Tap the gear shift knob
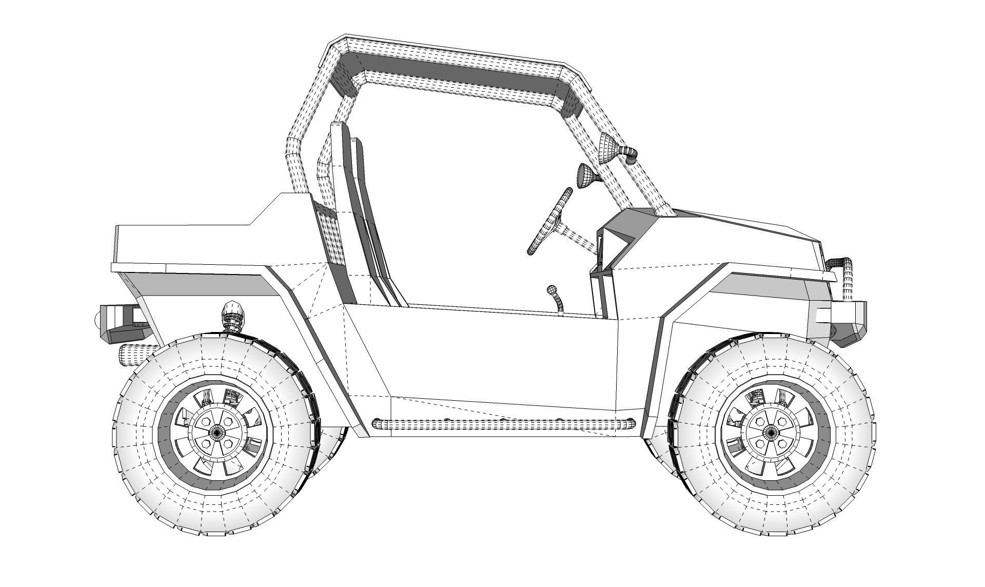click(552, 290)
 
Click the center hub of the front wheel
click(769, 432)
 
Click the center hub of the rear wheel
click(217, 433)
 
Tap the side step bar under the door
click(503, 424)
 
